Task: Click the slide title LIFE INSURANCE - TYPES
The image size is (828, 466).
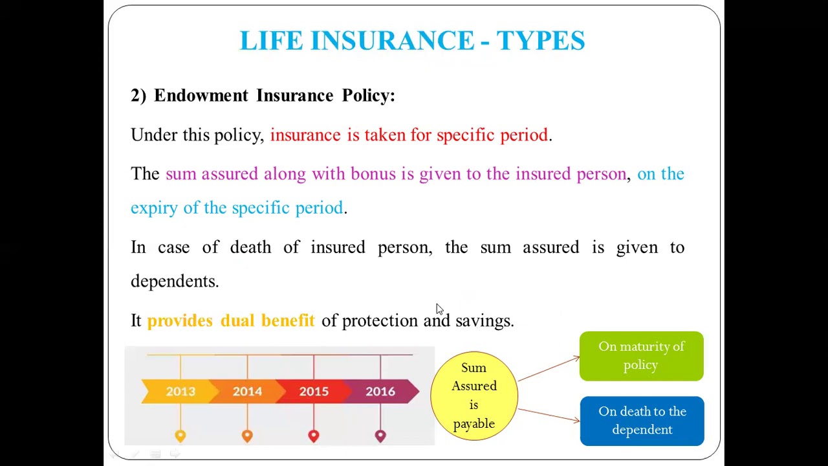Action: point(412,41)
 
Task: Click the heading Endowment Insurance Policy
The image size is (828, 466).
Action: point(274,96)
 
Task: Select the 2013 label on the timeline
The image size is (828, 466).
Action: point(180,392)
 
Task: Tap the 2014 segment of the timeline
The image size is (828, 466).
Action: point(247,392)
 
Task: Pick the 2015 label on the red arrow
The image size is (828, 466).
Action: point(314,392)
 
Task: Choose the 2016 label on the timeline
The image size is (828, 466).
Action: point(380,392)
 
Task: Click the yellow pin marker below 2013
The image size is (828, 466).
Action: point(180,436)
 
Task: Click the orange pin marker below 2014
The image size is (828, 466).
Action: point(247,436)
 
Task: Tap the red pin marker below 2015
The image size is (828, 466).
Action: point(314,436)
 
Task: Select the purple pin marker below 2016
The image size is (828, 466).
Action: point(380,436)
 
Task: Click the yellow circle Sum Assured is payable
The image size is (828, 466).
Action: point(474,395)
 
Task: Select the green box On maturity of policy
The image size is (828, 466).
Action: point(641,356)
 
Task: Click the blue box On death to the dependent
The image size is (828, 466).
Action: point(642,421)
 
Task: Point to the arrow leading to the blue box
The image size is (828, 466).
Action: point(549,414)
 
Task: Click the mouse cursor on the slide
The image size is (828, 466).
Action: point(439,309)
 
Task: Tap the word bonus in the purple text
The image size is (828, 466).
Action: point(373,174)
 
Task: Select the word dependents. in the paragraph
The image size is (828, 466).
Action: point(175,282)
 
